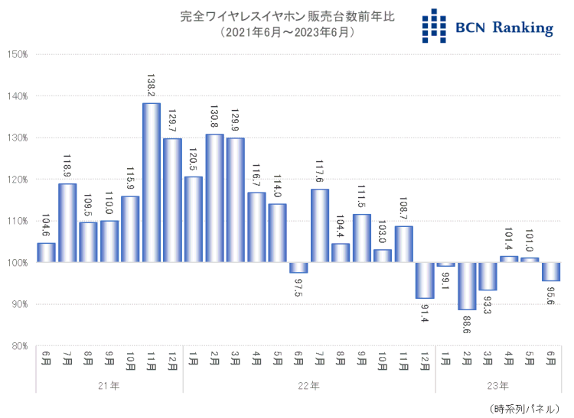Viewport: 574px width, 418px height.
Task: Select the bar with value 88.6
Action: (x=467, y=286)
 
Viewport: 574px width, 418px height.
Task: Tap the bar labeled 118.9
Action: (x=67, y=223)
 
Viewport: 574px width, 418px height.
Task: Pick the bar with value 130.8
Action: (x=214, y=199)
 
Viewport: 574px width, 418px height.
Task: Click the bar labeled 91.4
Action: (x=425, y=280)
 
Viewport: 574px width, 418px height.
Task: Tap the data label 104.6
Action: (x=47, y=225)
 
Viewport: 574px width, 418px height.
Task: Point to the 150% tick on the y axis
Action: (x=16, y=54)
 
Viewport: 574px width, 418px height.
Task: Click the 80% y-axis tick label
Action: (x=18, y=346)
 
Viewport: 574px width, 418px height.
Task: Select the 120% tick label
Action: (x=16, y=180)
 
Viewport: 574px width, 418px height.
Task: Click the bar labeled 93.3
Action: (x=488, y=276)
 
